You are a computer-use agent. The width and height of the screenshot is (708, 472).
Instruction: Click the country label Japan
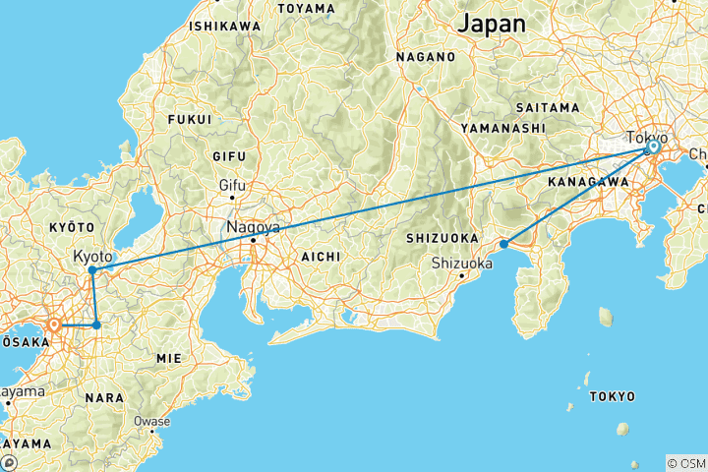(x=493, y=23)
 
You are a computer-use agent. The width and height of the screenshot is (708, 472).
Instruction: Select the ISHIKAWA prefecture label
(x=225, y=25)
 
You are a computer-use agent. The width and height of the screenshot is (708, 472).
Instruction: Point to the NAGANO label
(x=426, y=57)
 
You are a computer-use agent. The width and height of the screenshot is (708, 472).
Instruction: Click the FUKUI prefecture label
(x=191, y=119)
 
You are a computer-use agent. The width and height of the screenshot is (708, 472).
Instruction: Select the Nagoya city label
(x=253, y=227)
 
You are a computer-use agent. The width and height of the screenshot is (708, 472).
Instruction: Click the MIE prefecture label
(x=170, y=359)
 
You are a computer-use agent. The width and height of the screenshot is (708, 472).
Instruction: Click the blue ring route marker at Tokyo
(x=652, y=147)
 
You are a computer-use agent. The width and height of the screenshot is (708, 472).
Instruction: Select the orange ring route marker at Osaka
(x=55, y=324)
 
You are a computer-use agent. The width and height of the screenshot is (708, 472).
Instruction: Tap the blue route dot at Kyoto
(x=91, y=269)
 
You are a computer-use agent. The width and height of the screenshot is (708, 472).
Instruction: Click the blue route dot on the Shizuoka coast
(x=503, y=244)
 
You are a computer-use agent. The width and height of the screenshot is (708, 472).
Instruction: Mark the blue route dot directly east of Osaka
(x=96, y=324)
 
